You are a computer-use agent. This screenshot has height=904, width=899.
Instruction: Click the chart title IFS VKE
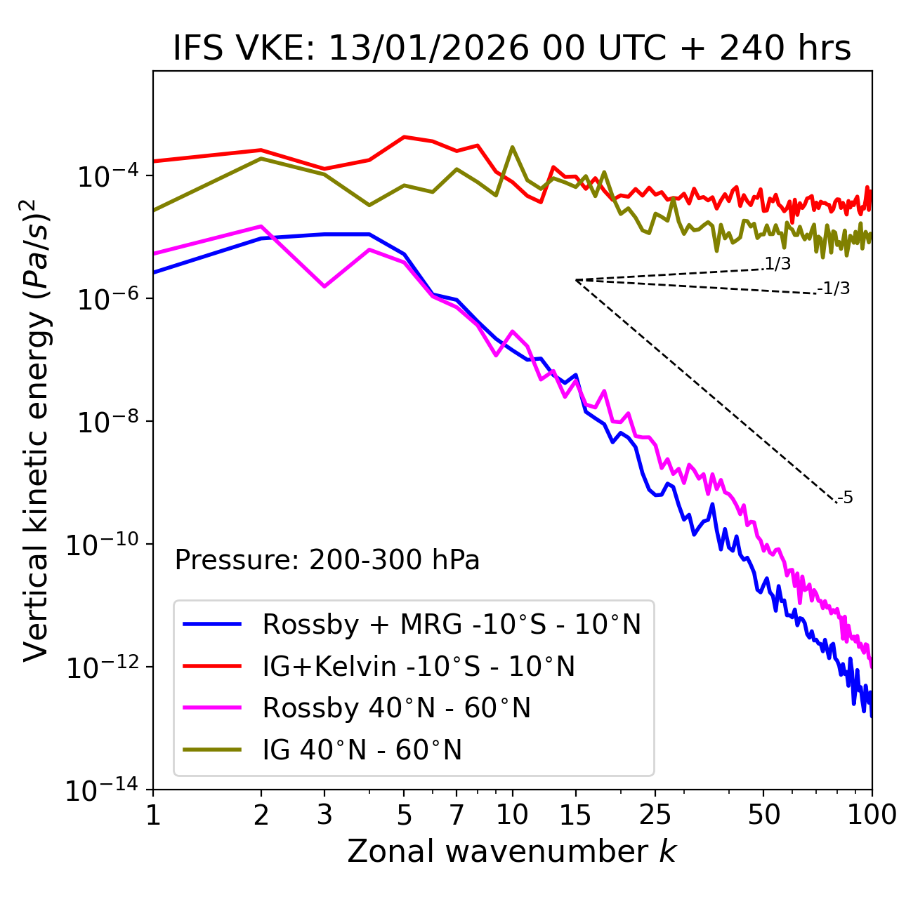point(512,49)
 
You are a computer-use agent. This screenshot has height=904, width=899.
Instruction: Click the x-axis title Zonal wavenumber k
point(512,851)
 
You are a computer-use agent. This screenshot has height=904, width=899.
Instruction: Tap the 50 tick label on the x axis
point(763,815)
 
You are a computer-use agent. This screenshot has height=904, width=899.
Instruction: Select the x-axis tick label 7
point(457,815)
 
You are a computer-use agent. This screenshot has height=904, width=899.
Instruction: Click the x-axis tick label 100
point(872,815)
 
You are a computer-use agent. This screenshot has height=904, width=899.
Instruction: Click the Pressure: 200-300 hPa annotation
point(327,561)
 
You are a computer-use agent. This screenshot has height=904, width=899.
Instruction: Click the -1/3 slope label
point(834,288)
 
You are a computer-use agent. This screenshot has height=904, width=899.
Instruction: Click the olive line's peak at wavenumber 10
point(512,147)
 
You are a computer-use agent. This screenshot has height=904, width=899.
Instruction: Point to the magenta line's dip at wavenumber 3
point(324,286)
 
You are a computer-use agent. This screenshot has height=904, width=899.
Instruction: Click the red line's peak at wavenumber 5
point(404,137)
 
